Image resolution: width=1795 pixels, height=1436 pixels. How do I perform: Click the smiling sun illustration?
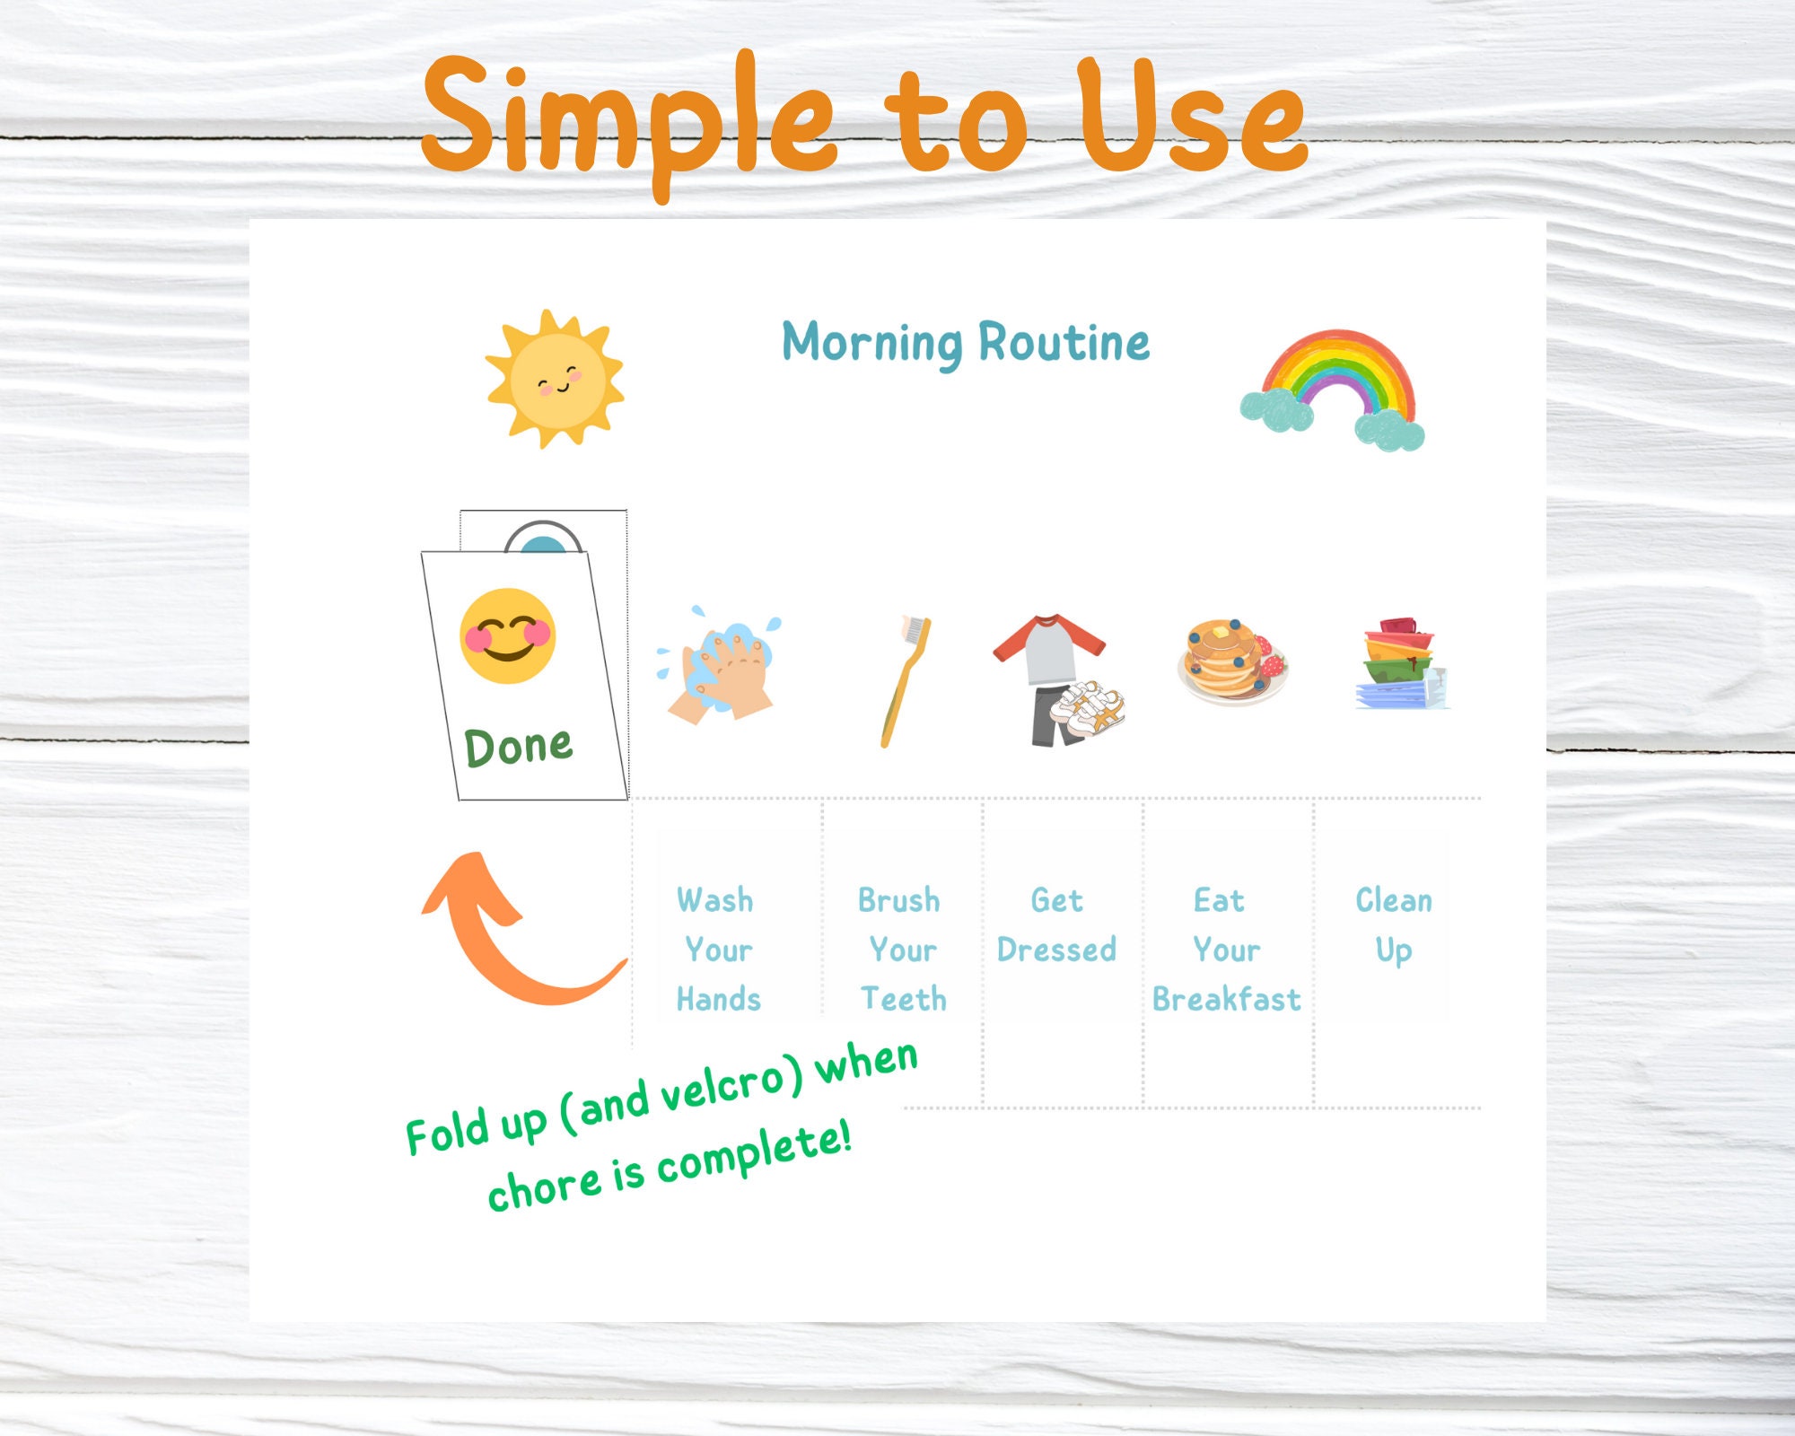click(x=555, y=380)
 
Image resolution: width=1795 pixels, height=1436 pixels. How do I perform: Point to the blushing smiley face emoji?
click(x=508, y=636)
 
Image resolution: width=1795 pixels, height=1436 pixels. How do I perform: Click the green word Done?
click(x=519, y=747)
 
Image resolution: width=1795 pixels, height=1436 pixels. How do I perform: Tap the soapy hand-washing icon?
click(x=721, y=666)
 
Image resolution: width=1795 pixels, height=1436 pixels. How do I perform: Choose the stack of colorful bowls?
click(x=1400, y=664)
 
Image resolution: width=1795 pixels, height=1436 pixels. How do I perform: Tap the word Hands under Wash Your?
click(x=718, y=999)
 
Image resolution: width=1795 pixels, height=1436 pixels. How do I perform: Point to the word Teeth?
click(x=904, y=999)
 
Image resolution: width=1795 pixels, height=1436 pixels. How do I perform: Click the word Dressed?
click(x=1056, y=950)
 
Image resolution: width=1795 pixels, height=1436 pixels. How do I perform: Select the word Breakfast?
click(x=1226, y=999)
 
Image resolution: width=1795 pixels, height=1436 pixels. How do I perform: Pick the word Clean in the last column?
click(x=1393, y=900)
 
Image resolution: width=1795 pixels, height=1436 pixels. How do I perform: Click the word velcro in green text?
click(x=731, y=1089)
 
